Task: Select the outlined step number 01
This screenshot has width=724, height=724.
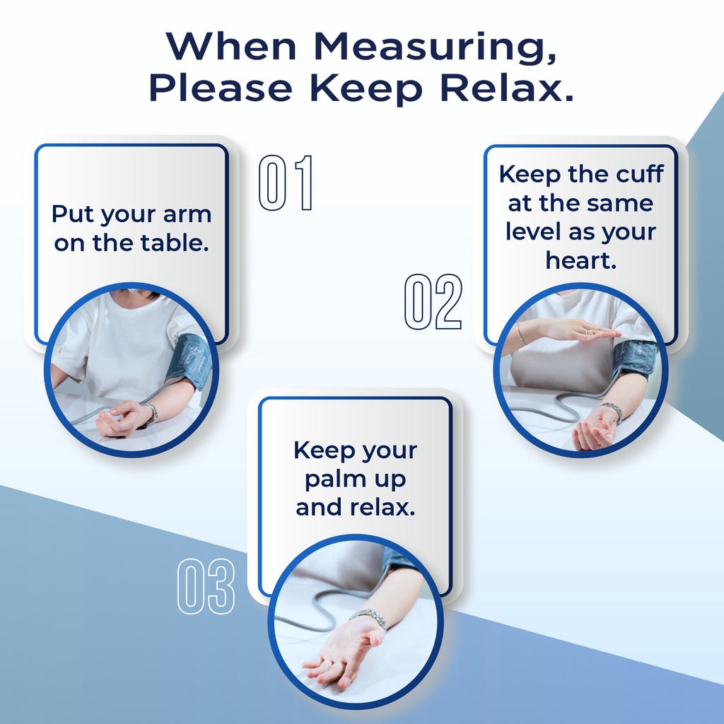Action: (x=286, y=183)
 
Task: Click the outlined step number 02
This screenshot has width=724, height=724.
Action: (x=433, y=302)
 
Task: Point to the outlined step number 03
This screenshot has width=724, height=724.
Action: (x=206, y=586)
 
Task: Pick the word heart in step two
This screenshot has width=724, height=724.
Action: (x=580, y=260)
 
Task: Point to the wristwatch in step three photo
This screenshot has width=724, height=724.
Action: (x=368, y=618)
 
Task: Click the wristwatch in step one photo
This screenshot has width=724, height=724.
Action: (x=150, y=414)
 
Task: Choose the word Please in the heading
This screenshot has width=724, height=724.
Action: (x=221, y=88)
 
